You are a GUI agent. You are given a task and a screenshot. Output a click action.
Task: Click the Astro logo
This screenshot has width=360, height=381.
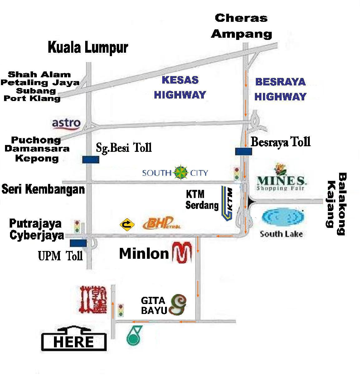click(x=66, y=124)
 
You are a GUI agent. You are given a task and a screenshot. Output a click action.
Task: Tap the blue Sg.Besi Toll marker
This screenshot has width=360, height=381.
click(x=91, y=160)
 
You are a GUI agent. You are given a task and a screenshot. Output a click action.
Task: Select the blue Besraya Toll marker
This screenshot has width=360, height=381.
click(x=243, y=152)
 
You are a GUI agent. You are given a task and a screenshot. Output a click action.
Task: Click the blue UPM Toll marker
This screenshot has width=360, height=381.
click(x=78, y=243)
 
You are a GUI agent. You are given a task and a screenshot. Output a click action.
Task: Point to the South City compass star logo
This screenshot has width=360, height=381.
click(x=181, y=172)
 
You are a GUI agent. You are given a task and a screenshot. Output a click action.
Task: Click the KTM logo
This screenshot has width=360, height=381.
click(x=227, y=203)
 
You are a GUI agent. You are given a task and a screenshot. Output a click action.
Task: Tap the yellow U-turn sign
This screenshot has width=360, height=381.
click(x=127, y=224)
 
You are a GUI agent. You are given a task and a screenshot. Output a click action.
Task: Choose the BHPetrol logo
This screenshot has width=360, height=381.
click(x=161, y=224)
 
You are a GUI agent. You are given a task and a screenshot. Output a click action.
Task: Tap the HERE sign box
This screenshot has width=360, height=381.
click(x=74, y=341)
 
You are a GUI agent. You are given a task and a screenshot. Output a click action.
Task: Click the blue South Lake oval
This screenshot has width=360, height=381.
click(x=283, y=217)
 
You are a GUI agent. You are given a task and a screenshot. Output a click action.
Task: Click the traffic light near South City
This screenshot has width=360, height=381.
click(x=236, y=173)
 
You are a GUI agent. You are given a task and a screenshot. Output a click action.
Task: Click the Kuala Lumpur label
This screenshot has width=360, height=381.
click(x=88, y=48)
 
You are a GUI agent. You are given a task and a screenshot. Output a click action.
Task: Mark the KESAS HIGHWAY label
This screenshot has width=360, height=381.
click(x=180, y=87)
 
